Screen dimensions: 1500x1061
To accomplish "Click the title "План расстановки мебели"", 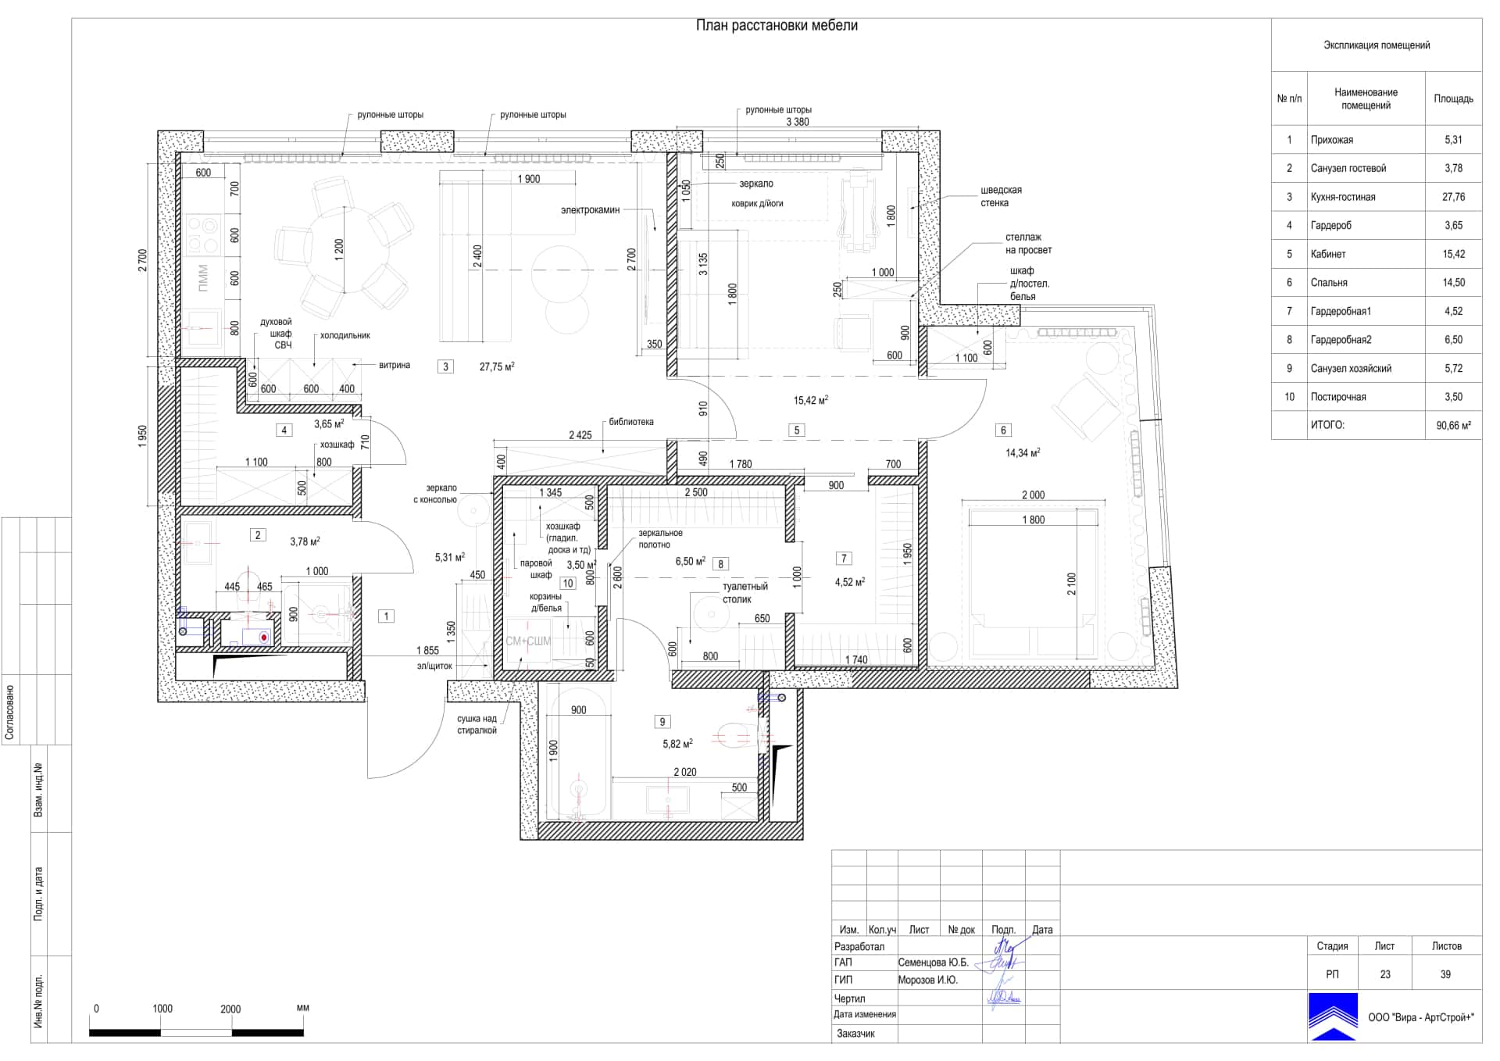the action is coord(777,26).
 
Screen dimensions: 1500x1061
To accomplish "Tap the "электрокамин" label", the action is coord(590,210).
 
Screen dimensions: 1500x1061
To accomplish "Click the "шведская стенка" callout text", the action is coord(1001,196).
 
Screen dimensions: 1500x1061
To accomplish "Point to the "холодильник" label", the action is coord(345,335).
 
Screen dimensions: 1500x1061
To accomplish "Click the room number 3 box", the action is coord(445,366).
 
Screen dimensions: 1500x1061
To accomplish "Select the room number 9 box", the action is coord(662,722).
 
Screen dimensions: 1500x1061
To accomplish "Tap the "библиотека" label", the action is coord(631,422).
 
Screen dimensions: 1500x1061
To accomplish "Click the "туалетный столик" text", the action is coord(745,593).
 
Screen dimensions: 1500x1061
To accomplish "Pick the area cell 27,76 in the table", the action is coord(1453,197).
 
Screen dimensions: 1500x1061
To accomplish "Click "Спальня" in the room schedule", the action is coord(1329,283).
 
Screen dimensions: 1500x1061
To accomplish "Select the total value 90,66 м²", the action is coord(1453,426).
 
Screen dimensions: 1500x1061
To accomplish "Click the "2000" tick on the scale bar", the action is coord(230,1009).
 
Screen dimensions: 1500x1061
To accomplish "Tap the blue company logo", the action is coord(1334,1016).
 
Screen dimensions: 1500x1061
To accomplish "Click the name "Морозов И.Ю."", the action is coord(927,980).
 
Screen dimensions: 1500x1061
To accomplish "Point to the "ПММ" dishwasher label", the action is coord(203,277).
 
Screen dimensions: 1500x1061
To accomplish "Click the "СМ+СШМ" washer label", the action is coord(528,641).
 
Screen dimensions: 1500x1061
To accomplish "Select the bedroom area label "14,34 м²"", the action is coord(1023,452).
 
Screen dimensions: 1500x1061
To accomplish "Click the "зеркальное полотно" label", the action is coord(660,539).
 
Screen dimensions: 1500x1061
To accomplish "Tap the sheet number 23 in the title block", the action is coord(1384,974).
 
